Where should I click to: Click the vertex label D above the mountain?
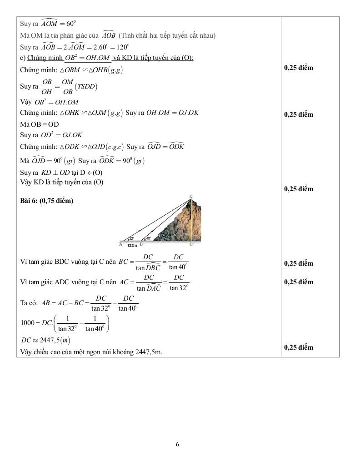click(191, 196)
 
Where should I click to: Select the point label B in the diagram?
click(141, 244)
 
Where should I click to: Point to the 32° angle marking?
click(131, 238)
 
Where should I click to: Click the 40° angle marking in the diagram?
click(149, 238)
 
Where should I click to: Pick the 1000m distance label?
click(132, 245)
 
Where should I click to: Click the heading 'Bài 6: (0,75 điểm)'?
click(47, 201)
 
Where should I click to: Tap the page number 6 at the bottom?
click(177, 444)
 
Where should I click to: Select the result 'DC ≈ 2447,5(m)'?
click(45, 340)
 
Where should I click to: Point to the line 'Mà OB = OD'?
click(40, 124)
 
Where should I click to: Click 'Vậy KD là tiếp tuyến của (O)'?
click(62, 182)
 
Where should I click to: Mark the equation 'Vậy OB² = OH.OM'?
click(50, 102)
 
